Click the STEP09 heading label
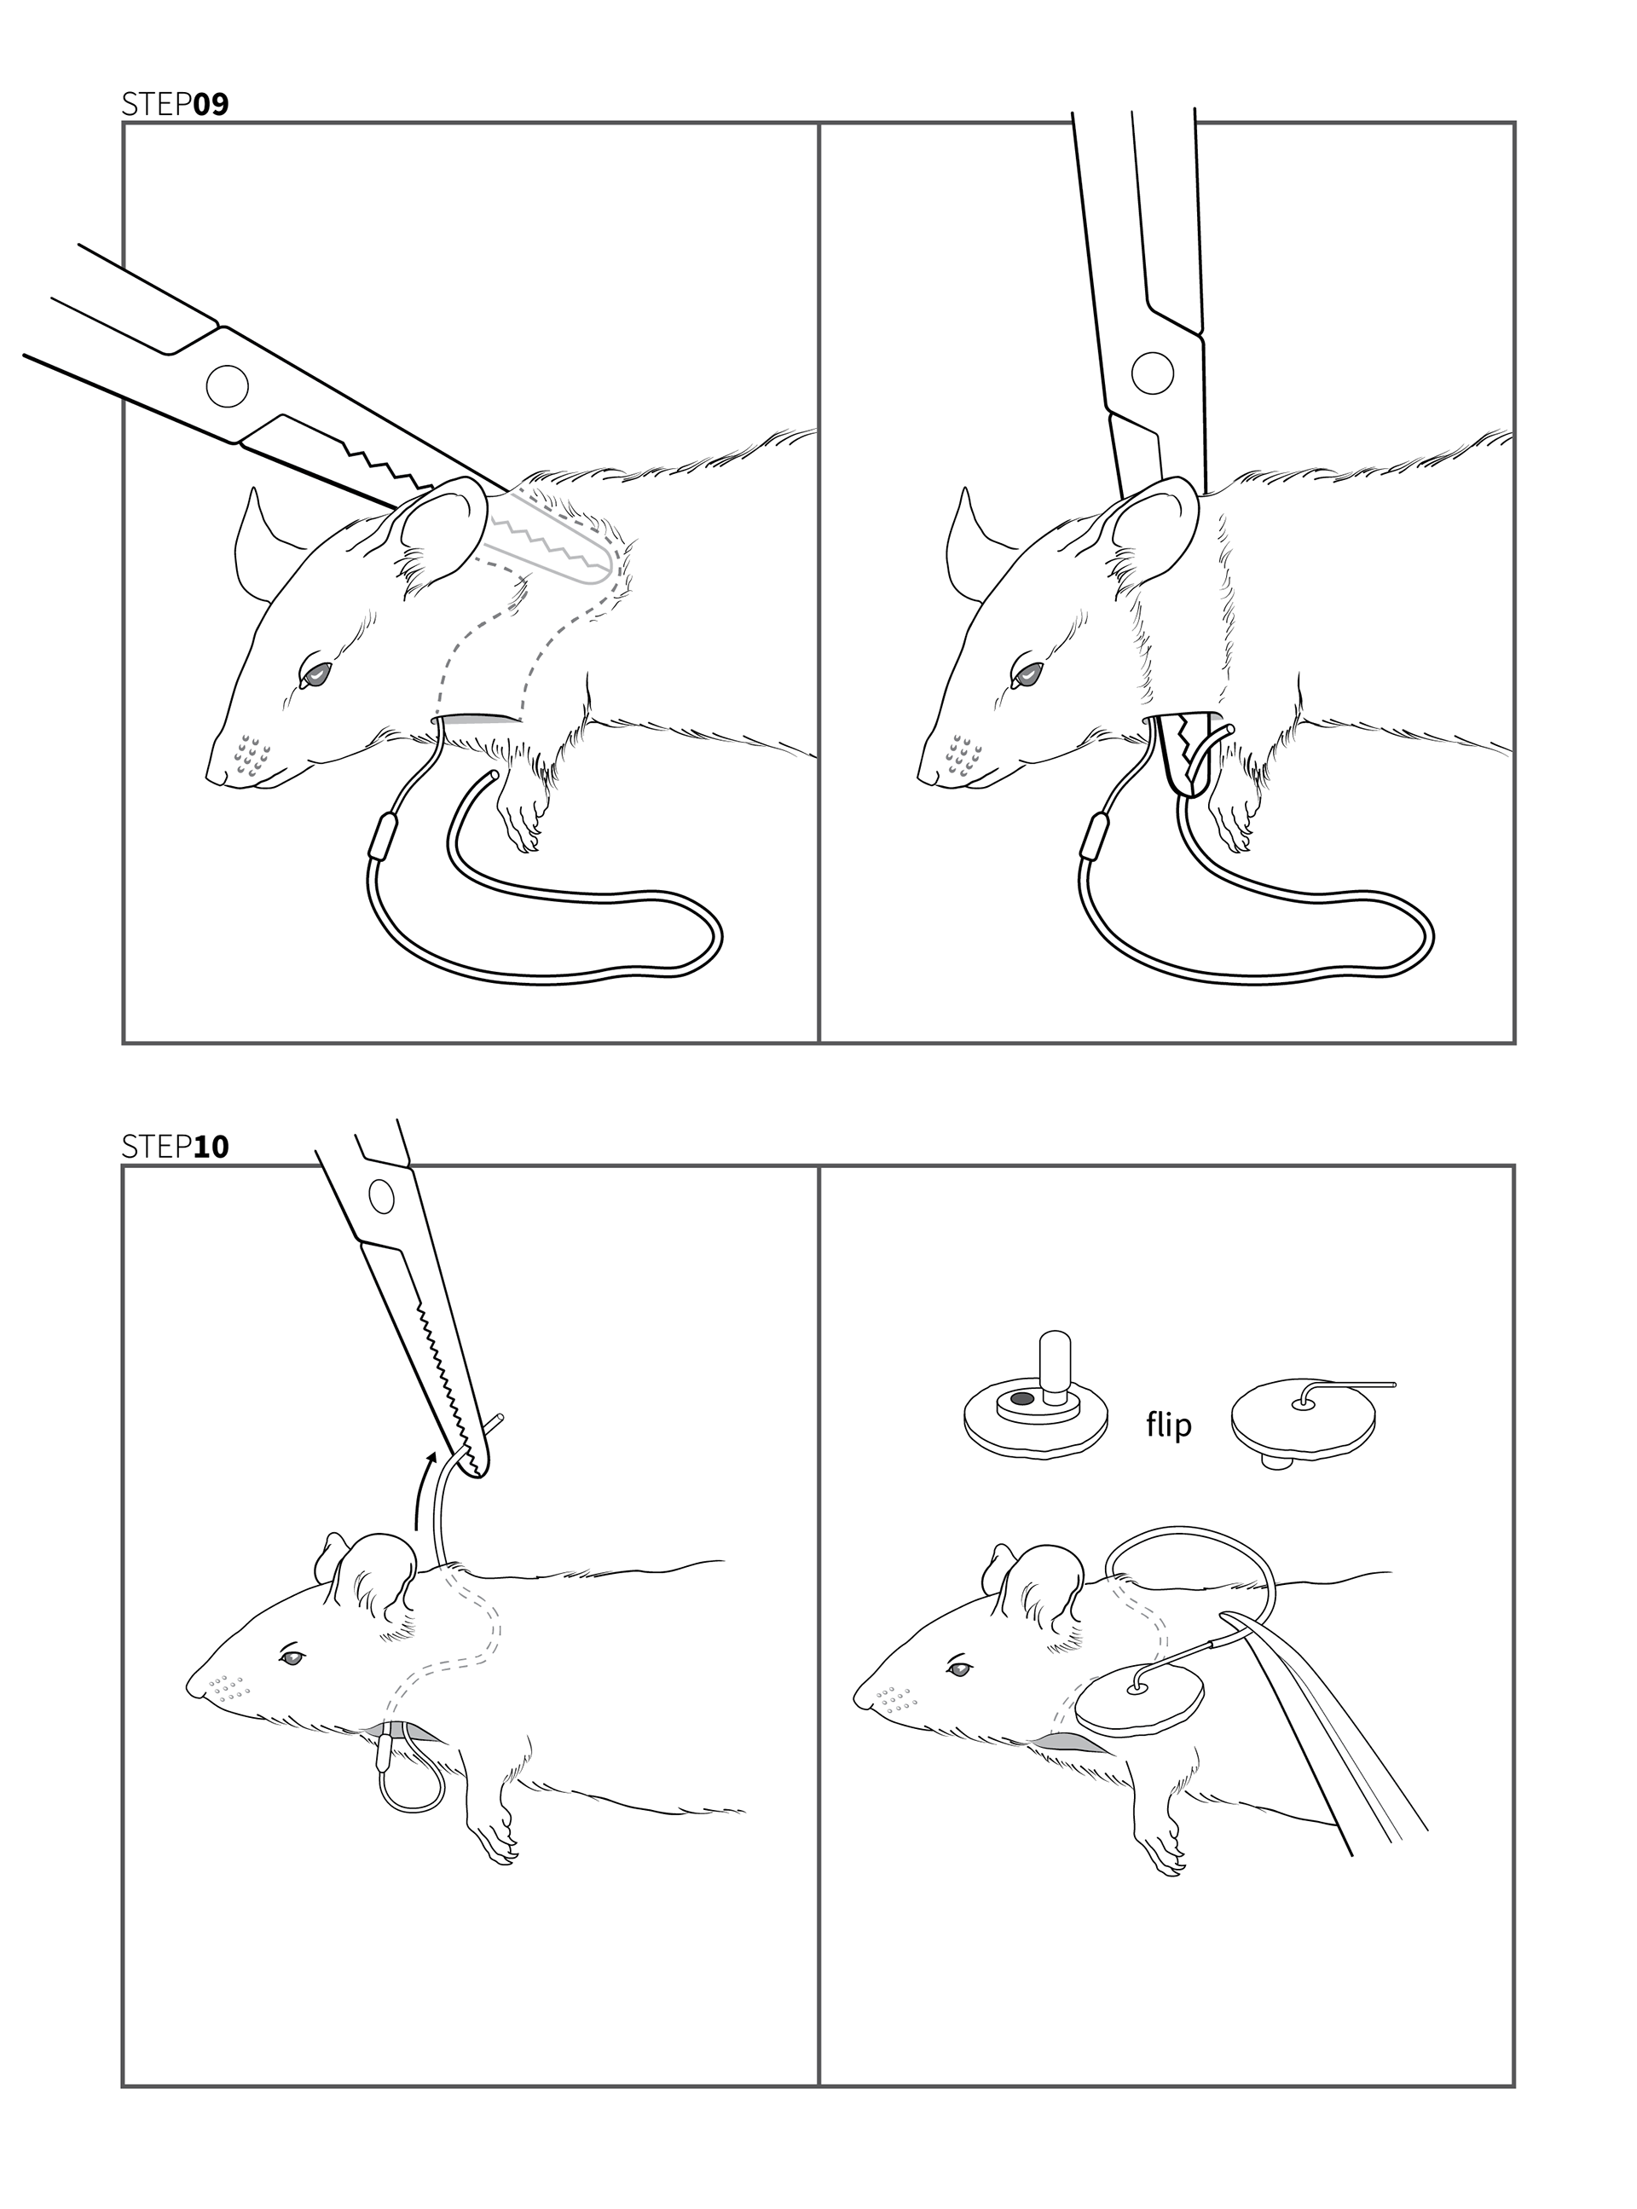175,104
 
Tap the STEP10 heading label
175,1146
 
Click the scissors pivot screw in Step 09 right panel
1152,373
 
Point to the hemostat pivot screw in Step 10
381,1198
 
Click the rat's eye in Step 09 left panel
317,674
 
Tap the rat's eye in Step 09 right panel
1028,675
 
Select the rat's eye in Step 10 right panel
958,1670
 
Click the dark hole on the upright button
1020,1400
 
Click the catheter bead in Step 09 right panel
1095,838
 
